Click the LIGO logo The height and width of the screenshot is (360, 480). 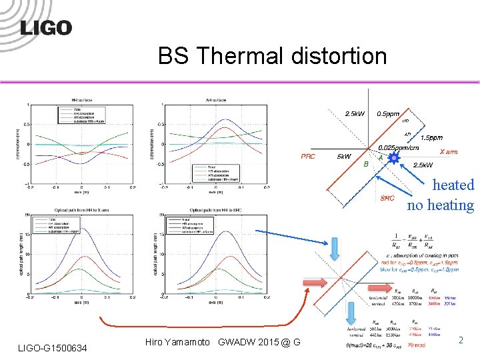[46, 27]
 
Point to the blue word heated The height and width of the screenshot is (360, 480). [453, 185]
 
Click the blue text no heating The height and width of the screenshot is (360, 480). [440, 205]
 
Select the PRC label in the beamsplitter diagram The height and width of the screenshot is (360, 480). [309, 157]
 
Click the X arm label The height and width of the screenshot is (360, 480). [448, 152]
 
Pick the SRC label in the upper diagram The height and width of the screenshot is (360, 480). [387, 197]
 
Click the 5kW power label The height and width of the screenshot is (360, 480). [344, 157]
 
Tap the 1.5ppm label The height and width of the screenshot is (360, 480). [431, 137]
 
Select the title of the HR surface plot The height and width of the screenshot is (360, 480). [83, 100]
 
